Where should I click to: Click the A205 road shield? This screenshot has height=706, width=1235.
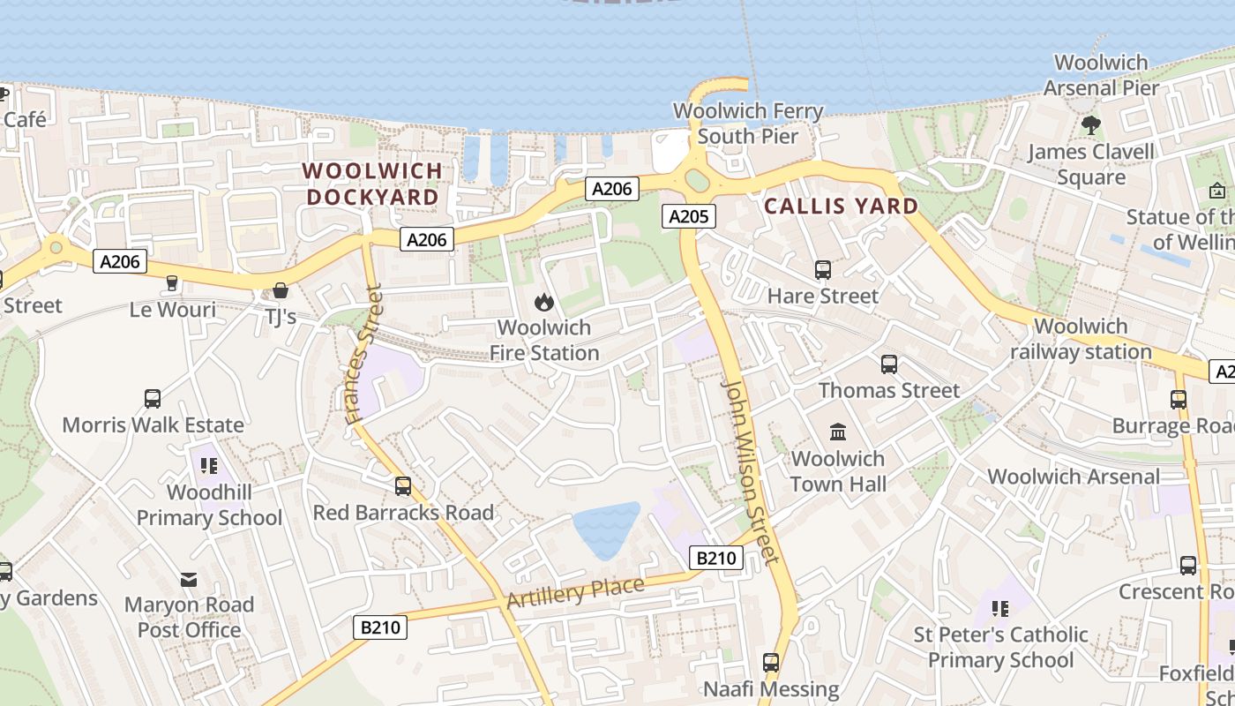[689, 216]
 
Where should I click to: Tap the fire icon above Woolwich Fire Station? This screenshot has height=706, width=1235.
[544, 303]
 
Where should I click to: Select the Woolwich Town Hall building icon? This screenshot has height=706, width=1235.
[838, 432]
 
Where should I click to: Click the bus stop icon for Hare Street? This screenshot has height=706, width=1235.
[823, 270]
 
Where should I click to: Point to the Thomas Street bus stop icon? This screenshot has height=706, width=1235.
[889, 364]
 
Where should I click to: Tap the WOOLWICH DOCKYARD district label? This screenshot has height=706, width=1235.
[372, 184]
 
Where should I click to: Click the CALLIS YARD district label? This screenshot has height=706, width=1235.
[841, 207]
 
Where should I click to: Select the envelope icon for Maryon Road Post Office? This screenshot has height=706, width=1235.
[189, 579]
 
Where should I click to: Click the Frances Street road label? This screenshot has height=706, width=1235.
[363, 353]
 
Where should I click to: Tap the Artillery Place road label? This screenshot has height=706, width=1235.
[575, 592]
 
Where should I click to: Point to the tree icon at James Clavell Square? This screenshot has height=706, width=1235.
[1091, 125]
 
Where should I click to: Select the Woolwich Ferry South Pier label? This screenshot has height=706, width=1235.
[748, 124]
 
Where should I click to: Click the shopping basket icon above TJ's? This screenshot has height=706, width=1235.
[281, 289]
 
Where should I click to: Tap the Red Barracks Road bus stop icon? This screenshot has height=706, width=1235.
[403, 486]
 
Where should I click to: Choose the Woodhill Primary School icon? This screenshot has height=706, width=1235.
[209, 465]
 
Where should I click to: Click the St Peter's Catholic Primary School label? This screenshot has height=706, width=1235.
[1000, 647]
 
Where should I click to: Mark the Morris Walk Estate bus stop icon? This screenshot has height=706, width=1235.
[153, 399]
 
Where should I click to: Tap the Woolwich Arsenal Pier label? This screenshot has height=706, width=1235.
[1101, 75]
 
